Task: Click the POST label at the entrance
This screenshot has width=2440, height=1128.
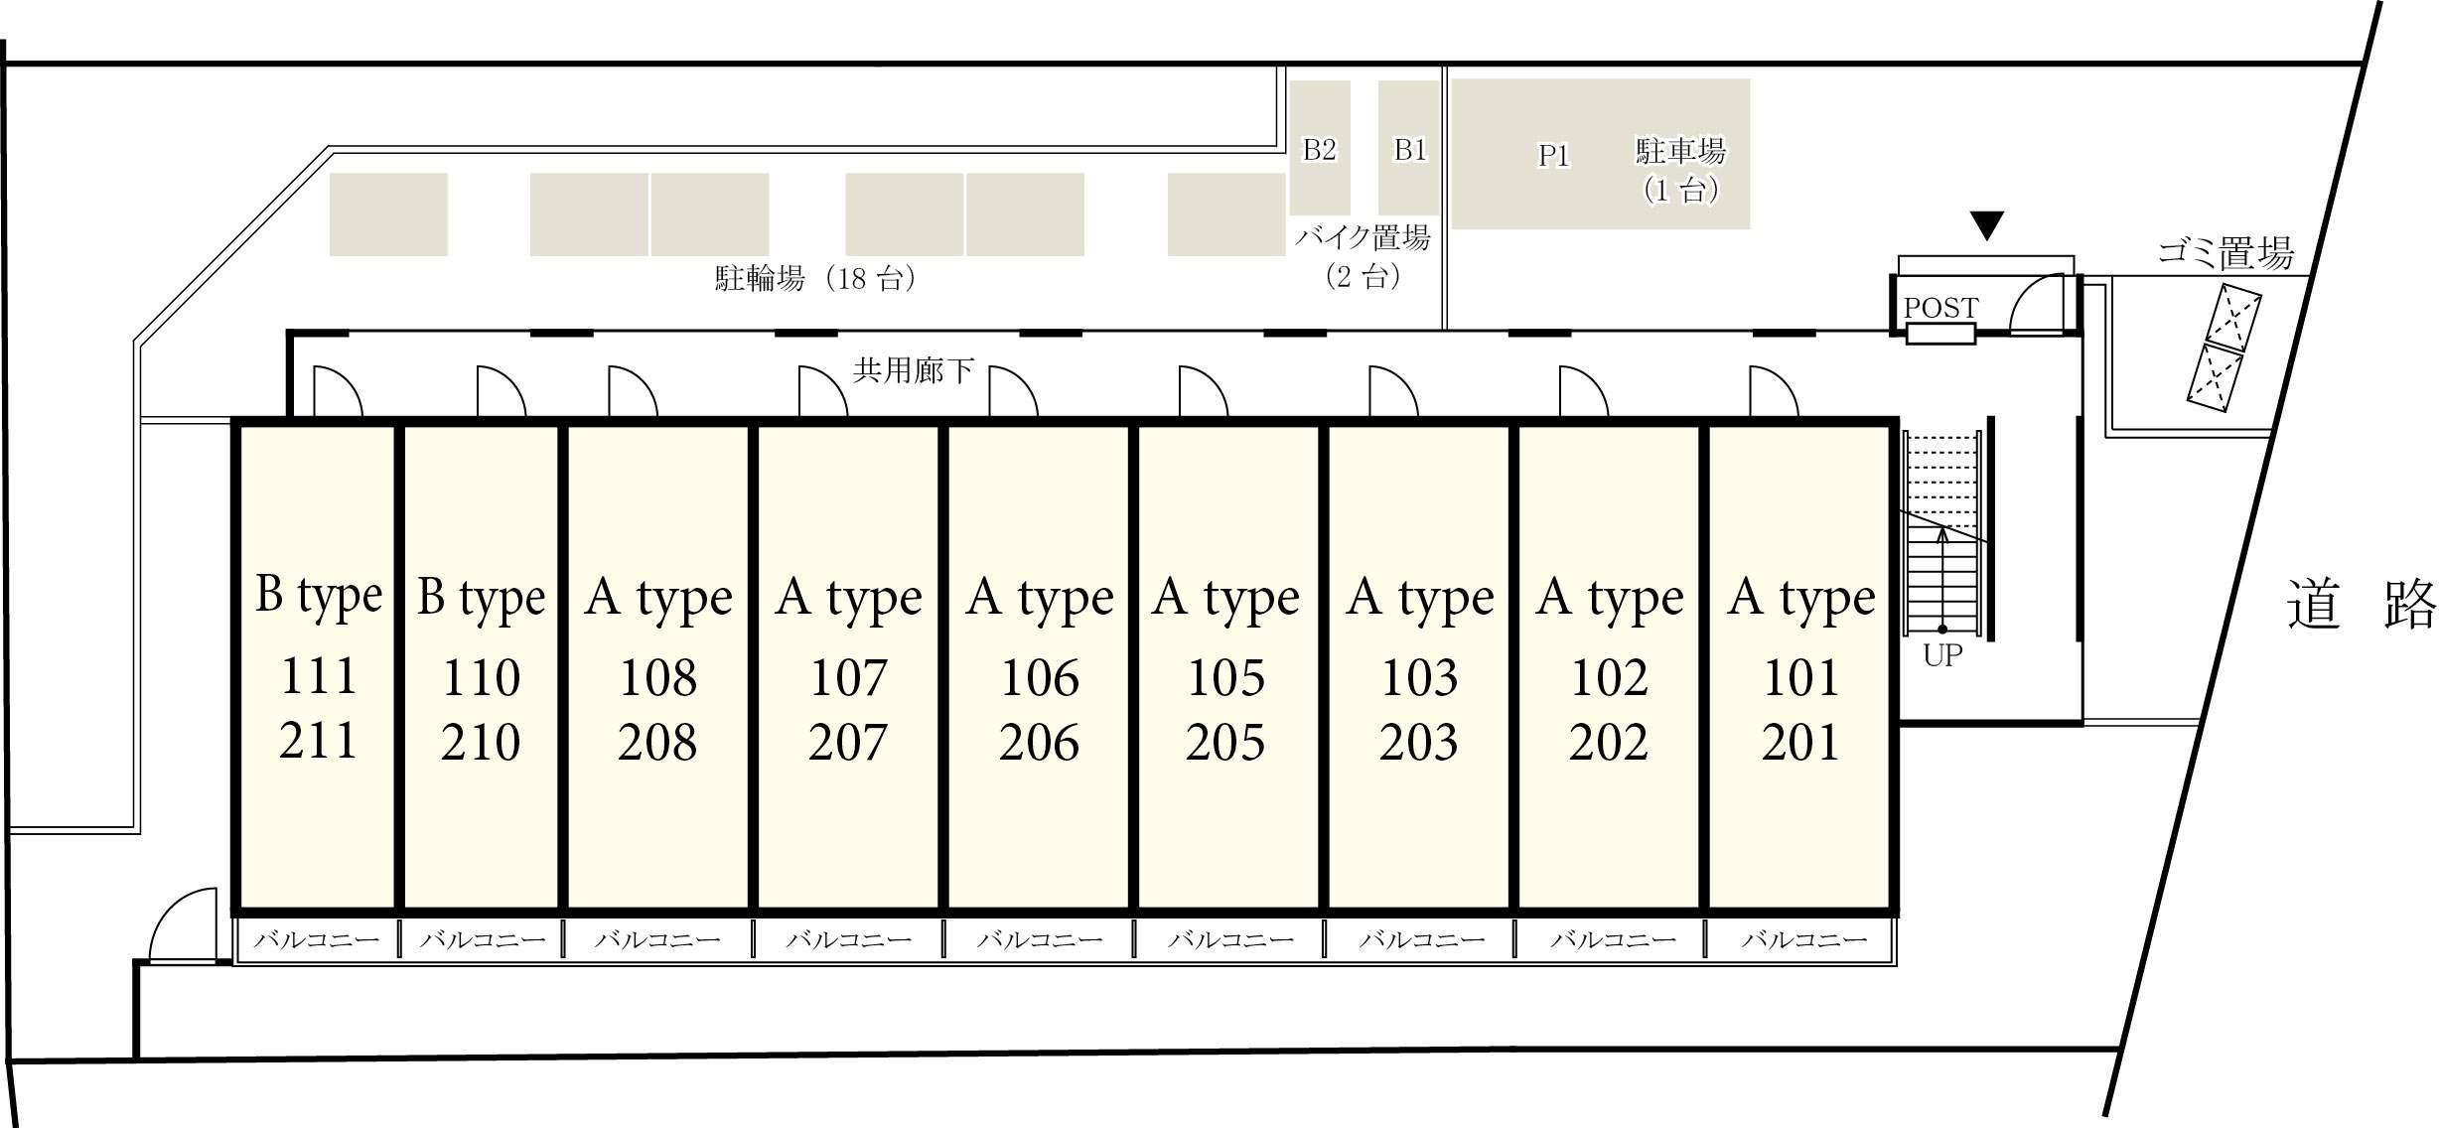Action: point(1940,308)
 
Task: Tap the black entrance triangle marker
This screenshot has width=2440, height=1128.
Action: point(1986,226)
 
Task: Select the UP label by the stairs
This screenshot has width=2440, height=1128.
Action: point(1942,655)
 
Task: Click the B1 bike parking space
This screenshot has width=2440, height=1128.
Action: point(1408,148)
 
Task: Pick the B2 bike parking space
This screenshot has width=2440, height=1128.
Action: point(1320,148)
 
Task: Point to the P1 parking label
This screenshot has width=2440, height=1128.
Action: point(1553,156)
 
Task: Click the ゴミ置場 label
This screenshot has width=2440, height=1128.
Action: point(2225,253)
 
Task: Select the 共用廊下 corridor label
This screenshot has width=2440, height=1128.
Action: point(914,370)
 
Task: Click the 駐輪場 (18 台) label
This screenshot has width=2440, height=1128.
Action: point(814,278)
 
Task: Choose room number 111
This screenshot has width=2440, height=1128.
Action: point(319,676)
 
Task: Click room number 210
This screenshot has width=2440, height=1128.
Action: point(481,742)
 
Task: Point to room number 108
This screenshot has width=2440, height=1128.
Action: point(657,678)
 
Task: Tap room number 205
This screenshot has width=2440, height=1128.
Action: point(1225,742)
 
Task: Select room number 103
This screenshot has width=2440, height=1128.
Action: point(1420,678)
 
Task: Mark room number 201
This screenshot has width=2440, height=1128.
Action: point(1800,742)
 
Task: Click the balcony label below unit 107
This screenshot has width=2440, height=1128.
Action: point(849,939)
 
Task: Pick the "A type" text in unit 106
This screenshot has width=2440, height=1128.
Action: point(1040,599)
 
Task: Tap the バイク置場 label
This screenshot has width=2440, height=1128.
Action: point(1363,237)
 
